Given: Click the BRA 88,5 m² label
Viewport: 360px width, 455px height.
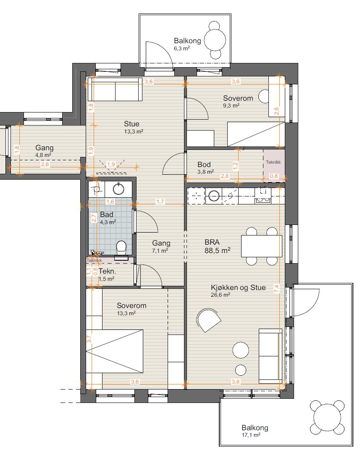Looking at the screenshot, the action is point(218,246).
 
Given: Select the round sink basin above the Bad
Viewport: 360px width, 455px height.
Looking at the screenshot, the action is point(118,188).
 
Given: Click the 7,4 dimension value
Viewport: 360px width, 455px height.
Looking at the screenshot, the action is point(277,288).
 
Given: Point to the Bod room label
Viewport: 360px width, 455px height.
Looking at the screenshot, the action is point(205,168).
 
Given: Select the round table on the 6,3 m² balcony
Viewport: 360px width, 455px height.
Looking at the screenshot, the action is point(215,40).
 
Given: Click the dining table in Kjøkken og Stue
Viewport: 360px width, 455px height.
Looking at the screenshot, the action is point(262,246).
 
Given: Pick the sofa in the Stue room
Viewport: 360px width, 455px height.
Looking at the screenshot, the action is point(115,89).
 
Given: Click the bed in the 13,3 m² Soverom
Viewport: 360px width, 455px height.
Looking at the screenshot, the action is point(115,351).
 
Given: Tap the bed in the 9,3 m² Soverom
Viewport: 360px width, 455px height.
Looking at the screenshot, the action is point(256,134).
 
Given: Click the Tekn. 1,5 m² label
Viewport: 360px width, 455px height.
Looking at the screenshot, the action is point(107,275).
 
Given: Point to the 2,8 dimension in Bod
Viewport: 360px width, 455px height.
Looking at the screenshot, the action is point(225,176).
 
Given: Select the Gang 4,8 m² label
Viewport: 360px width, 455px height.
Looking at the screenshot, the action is point(44,151).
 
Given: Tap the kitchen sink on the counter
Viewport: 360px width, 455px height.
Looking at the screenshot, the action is point(214,196).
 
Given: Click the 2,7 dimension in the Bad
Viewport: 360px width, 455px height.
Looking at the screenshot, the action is point(94,218).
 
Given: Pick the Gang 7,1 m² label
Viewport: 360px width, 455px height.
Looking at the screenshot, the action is point(161,247).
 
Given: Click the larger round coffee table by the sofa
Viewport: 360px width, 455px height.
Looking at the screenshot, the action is point(241,350).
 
